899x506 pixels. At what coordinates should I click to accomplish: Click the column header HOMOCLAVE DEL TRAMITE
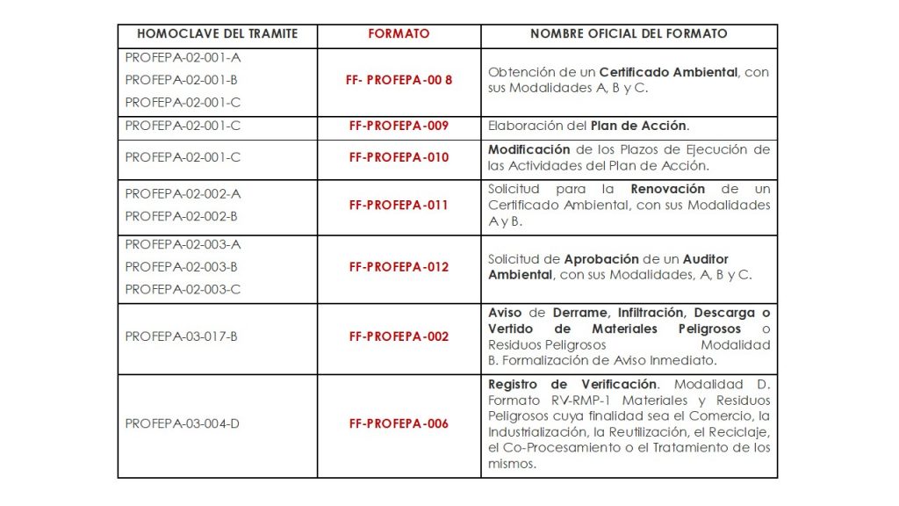coord(217,34)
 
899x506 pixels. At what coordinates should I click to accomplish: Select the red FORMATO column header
coord(399,34)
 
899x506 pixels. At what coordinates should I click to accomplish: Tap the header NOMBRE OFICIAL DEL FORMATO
coord(629,34)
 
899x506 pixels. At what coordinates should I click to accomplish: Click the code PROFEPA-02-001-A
coord(183,57)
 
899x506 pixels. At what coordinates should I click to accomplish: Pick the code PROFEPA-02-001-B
coord(182,80)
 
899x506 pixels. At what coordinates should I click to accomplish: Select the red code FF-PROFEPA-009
coord(399,126)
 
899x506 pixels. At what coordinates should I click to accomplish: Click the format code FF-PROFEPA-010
coord(399,157)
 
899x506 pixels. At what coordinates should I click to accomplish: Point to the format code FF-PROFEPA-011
coord(399,205)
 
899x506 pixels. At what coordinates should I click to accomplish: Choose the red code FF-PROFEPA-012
coord(399,267)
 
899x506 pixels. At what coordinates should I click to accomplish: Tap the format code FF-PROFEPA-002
coord(399,336)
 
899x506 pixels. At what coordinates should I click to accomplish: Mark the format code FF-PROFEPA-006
coord(399,423)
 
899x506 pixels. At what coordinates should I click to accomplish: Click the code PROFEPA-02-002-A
coord(183,193)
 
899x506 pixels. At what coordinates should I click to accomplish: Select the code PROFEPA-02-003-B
coord(182,266)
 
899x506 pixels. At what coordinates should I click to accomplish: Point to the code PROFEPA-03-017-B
coord(182,336)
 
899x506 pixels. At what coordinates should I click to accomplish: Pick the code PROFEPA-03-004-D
coord(183,423)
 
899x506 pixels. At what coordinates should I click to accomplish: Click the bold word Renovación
coord(667,189)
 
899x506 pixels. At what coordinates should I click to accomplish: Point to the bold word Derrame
coord(581,313)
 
